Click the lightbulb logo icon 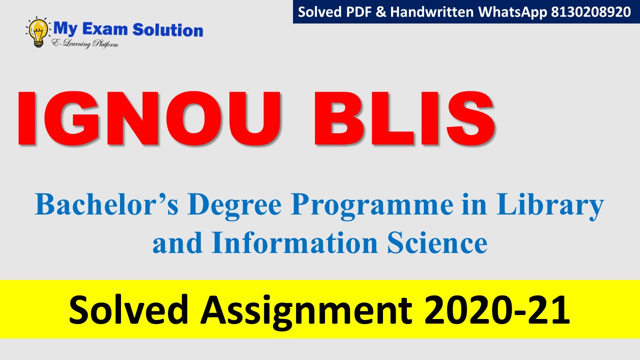(37, 32)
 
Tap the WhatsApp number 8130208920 (591, 12)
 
